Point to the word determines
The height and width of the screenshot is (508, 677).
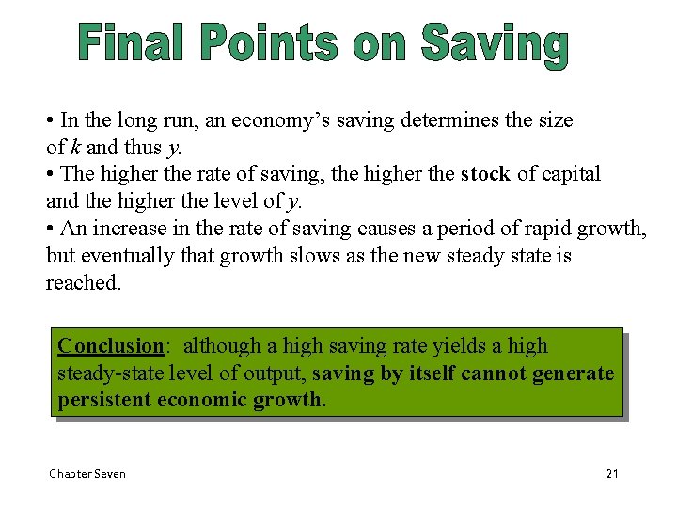pyautogui.click(x=448, y=120)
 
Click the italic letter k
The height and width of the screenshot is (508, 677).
pyautogui.click(x=73, y=147)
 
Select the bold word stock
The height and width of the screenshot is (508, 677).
pyautogui.click(x=485, y=174)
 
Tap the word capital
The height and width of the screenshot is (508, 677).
pyautogui.click(x=568, y=174)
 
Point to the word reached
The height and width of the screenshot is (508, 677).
pyautogui.click(x=83, y=283)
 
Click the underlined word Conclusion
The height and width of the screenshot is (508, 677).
pyautogui.click(x=110, y=346)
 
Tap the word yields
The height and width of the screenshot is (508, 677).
pyautogui.click(x=464, y=346)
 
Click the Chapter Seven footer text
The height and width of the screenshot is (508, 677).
pyautogui.click(x=87, y=473)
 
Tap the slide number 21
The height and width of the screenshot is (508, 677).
pyautogui.click(x=612, y=473)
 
